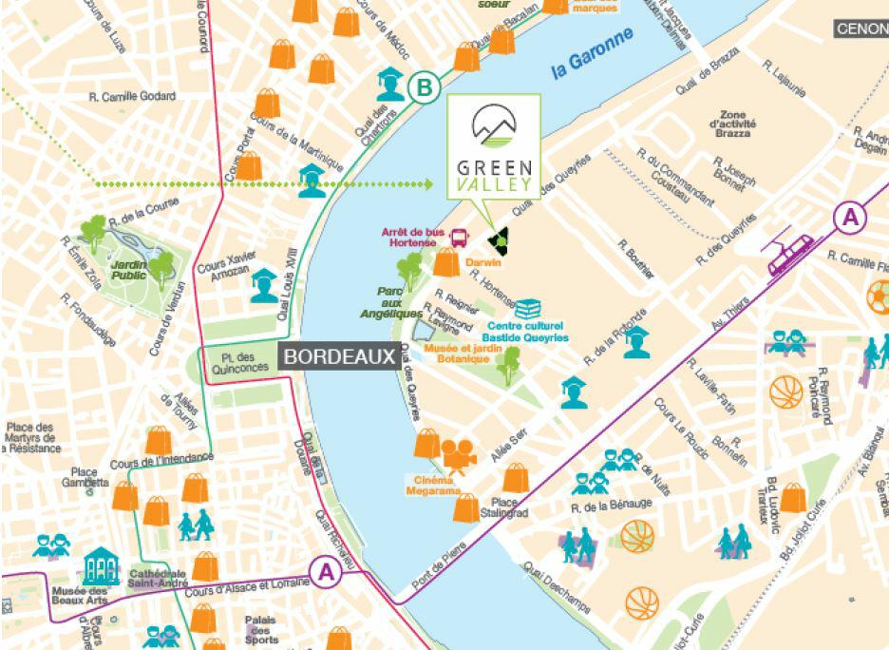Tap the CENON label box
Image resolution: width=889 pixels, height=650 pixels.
coord(861,29)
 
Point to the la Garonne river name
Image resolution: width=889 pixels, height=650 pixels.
coord(592,56)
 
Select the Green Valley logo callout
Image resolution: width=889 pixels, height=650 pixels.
coord(493,152)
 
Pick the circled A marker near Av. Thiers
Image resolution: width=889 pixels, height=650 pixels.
coord(849,218)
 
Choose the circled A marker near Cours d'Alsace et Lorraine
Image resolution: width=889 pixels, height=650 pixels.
coord(327,572)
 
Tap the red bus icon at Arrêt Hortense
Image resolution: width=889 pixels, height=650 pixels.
coord(458,237)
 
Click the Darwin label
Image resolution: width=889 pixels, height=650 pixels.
coord(483,258)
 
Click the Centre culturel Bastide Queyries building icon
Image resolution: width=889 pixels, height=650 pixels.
coord(528,309)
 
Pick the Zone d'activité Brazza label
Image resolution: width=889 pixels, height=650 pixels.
coord(738,124)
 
